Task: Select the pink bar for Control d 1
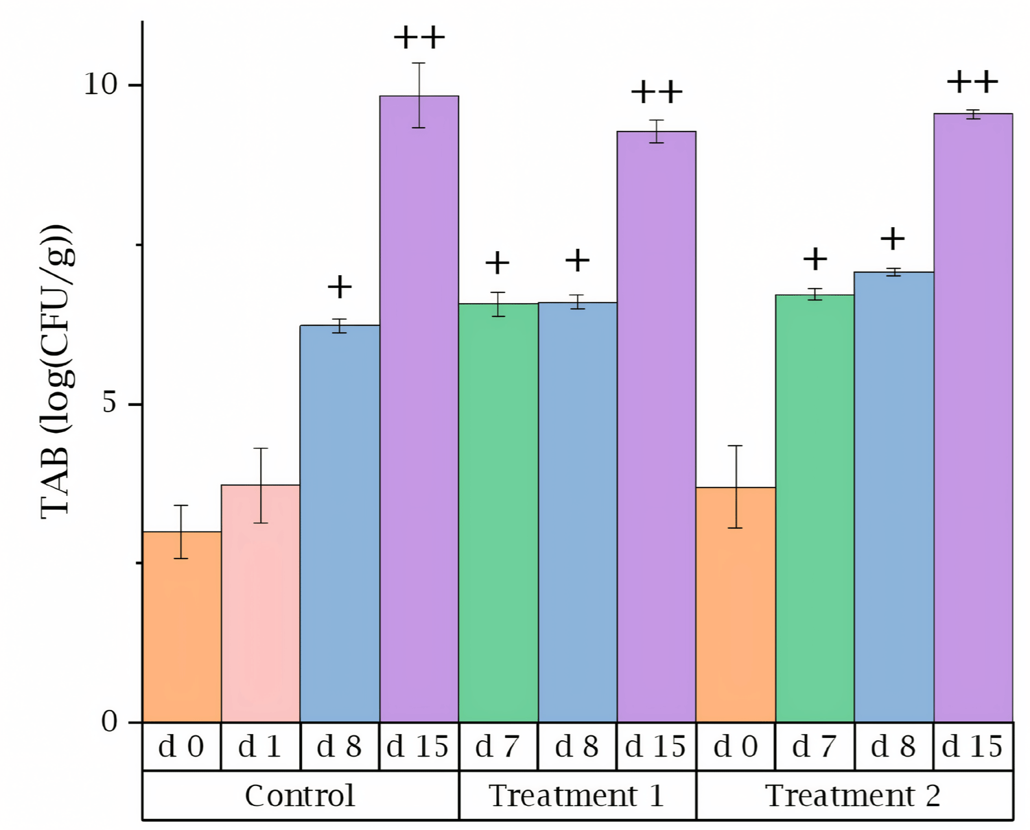point(261,603)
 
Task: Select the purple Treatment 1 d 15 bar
point(657,426)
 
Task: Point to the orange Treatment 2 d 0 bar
point(736,604)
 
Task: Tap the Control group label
point(300,796)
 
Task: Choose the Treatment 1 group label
point(576,796)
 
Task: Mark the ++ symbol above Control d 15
point(419,38)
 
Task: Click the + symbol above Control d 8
point(340,287)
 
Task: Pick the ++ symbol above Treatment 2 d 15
point(972,82)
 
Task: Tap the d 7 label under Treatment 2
point(815,746)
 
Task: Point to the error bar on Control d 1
point(261,486)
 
